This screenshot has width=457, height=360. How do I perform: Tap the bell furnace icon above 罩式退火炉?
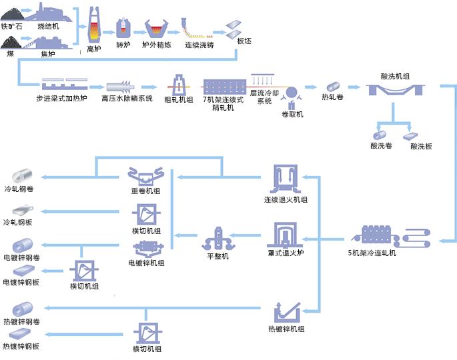[x=286, y=237]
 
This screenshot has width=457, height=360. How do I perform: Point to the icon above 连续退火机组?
[x=286, y=180]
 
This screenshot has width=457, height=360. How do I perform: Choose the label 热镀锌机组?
[x=287, y=329]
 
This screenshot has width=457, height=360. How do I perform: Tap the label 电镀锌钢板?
[x=21, y=283]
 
